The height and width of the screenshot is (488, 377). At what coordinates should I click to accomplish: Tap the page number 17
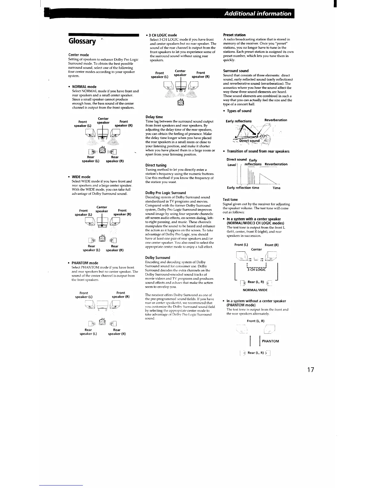click(310, 370)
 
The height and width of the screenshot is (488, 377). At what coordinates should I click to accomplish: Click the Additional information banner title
click(257, 14)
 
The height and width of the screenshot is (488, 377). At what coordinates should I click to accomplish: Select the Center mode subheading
click(79, 55)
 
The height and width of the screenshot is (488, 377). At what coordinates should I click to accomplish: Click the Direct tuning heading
click(156, 165)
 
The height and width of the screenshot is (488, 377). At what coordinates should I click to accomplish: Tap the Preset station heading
click(234, 35)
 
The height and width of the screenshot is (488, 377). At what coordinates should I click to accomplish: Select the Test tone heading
click(230, 200)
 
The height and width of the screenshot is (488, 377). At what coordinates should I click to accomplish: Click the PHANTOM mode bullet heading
click(85, 263)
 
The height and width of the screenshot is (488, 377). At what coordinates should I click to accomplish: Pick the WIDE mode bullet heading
click(81, 177)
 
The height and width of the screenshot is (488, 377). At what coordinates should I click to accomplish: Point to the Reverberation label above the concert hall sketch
click(276, 120)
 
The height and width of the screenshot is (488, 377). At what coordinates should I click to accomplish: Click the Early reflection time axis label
click(243, 188)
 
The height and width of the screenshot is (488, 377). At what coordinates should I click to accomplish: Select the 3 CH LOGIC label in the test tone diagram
click(256, 270)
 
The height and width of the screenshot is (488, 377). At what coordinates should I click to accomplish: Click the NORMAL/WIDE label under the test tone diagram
click(255, 290)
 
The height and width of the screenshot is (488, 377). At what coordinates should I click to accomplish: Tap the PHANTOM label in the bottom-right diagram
click(270, 341)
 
